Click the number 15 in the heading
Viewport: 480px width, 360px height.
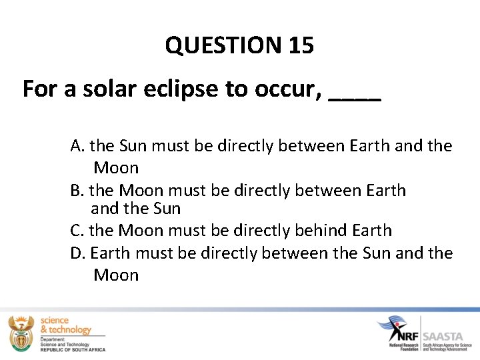301,45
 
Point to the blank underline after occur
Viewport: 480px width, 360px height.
355,98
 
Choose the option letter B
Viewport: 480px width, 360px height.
76,191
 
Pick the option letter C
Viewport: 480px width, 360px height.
76,231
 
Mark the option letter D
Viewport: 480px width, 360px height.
77,253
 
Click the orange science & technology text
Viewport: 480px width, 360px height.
65,325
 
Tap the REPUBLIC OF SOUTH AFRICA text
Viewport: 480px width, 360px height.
72,349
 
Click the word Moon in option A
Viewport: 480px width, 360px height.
116,168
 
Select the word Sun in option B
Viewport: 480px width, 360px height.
167,209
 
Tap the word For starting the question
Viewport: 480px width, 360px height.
40,89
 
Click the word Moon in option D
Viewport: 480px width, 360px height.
116,275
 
